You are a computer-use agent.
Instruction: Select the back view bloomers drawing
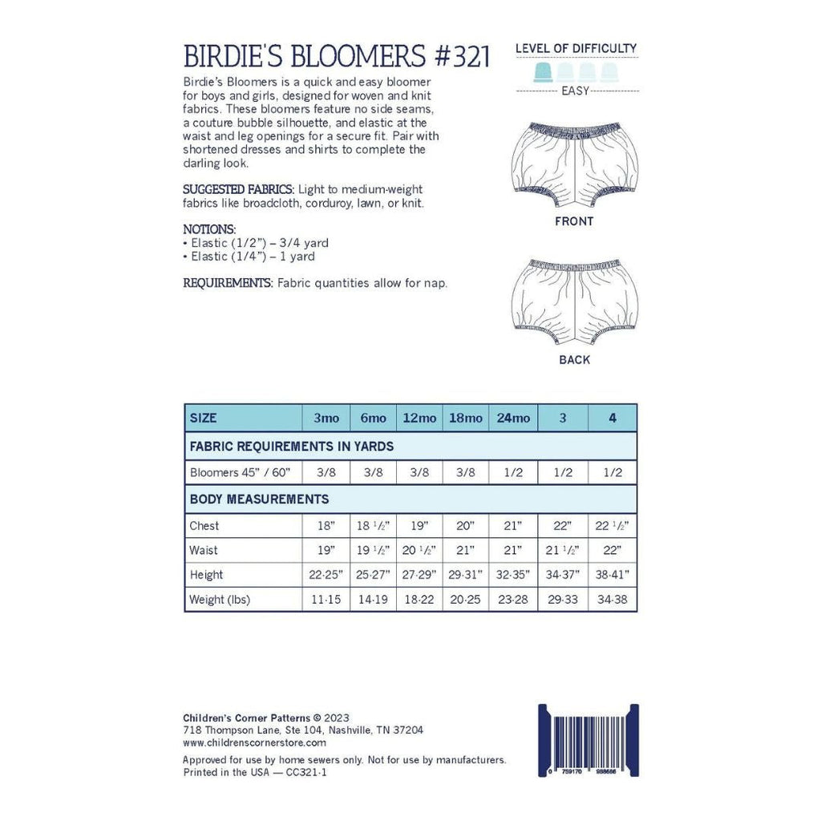pos(574,298)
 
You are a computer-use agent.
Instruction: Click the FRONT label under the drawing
pos(574,221)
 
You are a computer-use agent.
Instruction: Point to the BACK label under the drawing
pos(574,360)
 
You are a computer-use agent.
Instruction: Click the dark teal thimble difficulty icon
pos(544,72)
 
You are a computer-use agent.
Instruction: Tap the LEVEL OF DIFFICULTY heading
pos(576,48)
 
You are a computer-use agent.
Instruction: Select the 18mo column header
pos(466,419)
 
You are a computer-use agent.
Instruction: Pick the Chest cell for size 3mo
pos(326,526)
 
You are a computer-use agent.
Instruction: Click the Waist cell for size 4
pos(613,551)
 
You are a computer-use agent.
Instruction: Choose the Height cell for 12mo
pos(419,575)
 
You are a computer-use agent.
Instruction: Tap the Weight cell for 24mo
pos(513,600)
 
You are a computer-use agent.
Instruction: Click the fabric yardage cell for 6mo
pos(373,472)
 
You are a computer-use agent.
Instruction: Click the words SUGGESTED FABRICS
pos(238,189)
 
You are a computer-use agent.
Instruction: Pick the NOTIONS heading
pos(209,229)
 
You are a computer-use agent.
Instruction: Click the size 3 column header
pos(563,419)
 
